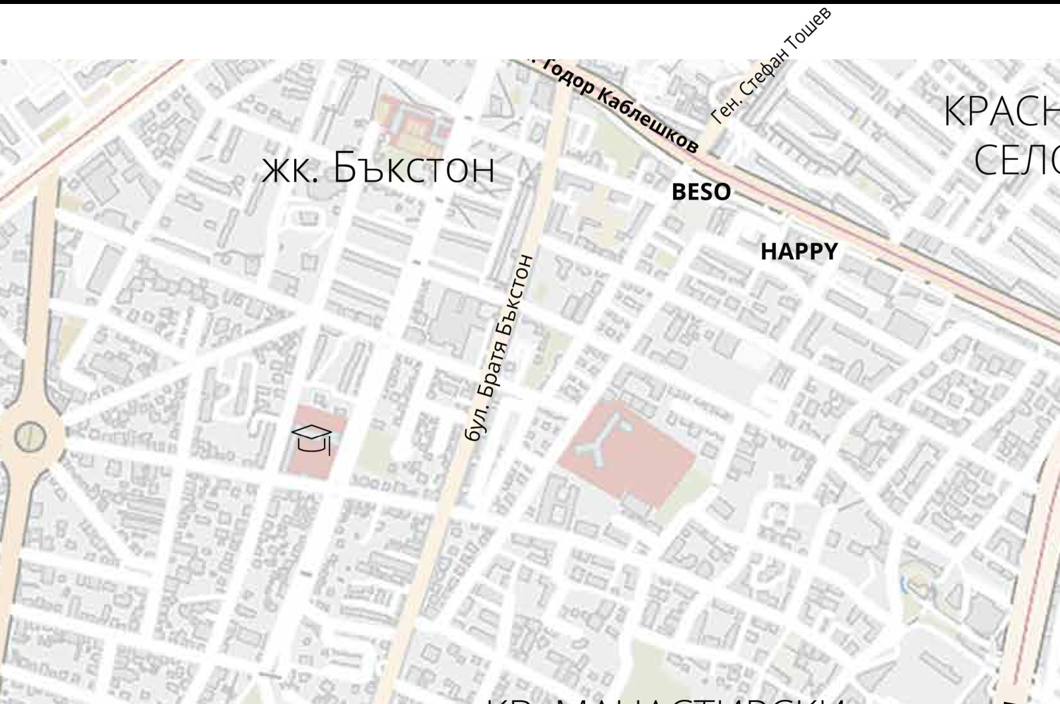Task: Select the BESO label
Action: pyautogui.click(x=701, y=192)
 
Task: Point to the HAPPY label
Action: pyautogui.click(x=799, y=252)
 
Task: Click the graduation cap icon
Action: pyautogui.click(x=312, y=438)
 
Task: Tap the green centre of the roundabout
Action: pyautogui.click(x=29, y=437)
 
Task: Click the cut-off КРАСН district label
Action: pyautogui.click(x=1000, y=111)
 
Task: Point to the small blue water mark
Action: pyautogui.click(x=903, y=585)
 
